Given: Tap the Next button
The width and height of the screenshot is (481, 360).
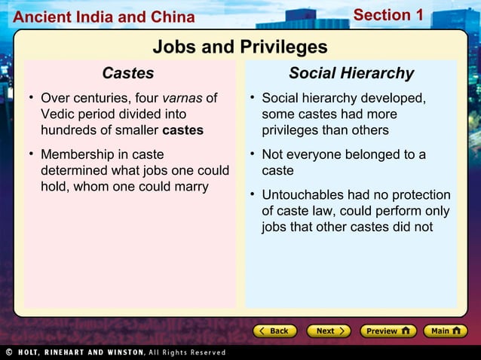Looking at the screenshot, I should point(328,331).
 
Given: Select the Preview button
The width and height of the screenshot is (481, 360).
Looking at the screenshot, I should point(388,331).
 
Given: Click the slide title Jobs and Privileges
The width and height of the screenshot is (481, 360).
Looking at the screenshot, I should point(240,47).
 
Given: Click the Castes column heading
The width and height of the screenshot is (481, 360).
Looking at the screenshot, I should point(128,73).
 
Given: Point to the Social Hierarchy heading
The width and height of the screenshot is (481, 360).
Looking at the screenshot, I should point(351,73).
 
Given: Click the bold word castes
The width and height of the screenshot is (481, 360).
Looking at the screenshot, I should point(182,130).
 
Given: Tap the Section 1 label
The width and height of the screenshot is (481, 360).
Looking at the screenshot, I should point(388,15).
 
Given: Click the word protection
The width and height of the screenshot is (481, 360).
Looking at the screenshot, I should point(417,195).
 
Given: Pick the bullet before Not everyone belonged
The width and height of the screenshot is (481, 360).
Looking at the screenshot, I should point(252,154).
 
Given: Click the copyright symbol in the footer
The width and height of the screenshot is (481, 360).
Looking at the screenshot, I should point(8,352).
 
